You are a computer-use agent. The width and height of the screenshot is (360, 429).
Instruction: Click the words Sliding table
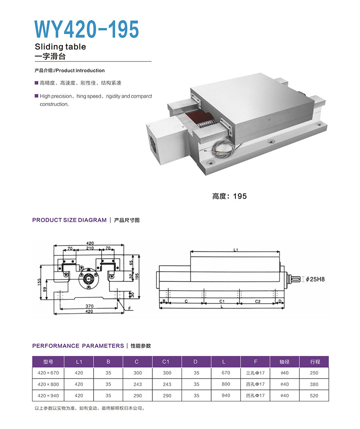point(60,47)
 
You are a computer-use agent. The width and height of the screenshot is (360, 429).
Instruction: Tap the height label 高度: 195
point(229,196)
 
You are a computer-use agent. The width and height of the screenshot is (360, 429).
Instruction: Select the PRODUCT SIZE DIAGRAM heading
point(69,220)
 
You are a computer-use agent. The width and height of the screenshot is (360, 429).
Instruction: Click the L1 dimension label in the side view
point(236,250)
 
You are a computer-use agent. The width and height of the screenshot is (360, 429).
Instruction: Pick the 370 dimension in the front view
point(89,306)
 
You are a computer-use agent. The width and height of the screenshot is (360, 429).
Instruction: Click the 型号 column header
point(48,362)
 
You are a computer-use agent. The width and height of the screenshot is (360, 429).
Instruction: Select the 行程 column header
point(315,362)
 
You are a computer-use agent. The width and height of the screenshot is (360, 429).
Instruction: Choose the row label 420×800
point(48,384)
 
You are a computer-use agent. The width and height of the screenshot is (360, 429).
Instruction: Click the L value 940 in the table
point(226,395)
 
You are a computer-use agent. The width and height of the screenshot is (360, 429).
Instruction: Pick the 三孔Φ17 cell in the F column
point(255,373)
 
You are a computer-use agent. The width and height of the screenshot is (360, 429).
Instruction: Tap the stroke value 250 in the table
point(314,373)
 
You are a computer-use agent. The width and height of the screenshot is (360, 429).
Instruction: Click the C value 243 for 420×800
point(137,384)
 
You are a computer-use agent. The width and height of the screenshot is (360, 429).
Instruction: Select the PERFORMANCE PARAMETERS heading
point(78,346)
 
